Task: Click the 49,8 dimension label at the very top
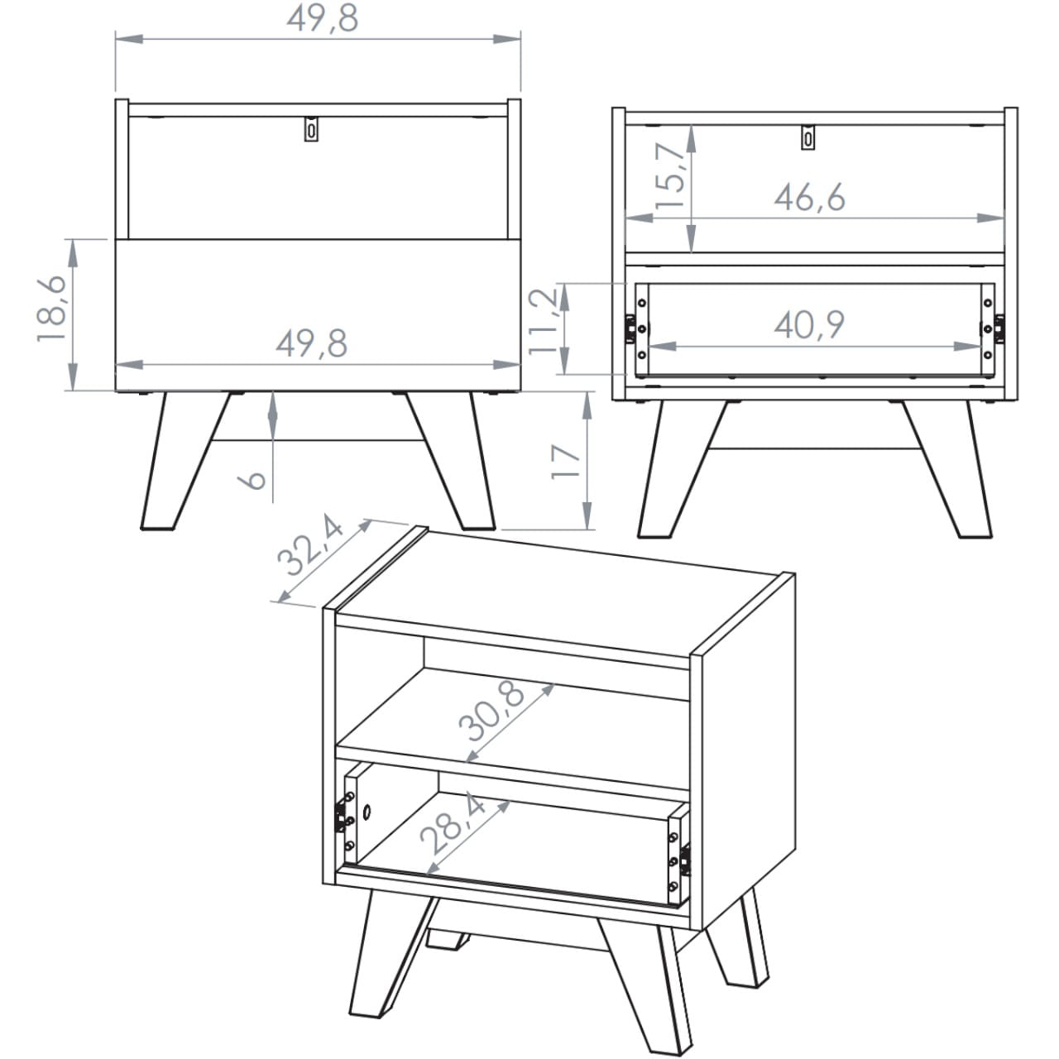tap(323, 19)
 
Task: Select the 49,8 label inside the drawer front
tap(312, 343)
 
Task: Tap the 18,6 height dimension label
tap(52, 309)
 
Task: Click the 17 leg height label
tap(566, 462)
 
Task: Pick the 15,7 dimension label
tap(670, 176)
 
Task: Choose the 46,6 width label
tap(809, 198)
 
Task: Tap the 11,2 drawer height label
tap(543, 322)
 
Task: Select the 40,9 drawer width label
tap(809, 325)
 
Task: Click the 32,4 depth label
tap(310, 544)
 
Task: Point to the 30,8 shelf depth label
tap(492, 712)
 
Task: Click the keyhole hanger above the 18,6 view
tap(312, 129)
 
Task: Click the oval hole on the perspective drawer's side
tap(367, 811)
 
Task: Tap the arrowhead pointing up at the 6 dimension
tap(272, 405)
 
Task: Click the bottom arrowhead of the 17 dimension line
tap(587, 515)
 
